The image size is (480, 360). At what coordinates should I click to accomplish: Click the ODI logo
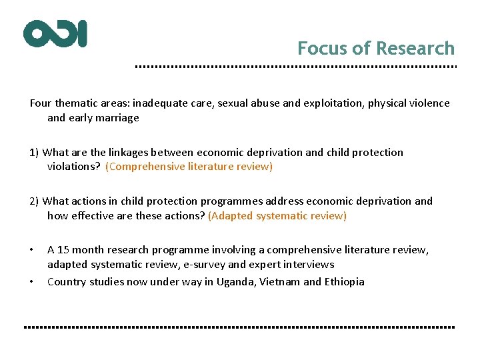55,33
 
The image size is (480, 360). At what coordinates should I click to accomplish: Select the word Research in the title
415,49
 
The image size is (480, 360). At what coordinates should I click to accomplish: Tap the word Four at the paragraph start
41,103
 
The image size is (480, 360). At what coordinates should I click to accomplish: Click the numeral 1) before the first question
34,152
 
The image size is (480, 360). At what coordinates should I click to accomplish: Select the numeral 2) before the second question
34,201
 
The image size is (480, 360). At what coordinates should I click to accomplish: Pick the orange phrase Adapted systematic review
277,215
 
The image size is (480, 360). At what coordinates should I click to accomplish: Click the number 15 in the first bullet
63,250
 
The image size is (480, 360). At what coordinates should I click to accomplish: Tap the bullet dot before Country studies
31,281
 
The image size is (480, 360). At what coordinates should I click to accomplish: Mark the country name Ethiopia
344,281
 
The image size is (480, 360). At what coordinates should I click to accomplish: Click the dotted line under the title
295,67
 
